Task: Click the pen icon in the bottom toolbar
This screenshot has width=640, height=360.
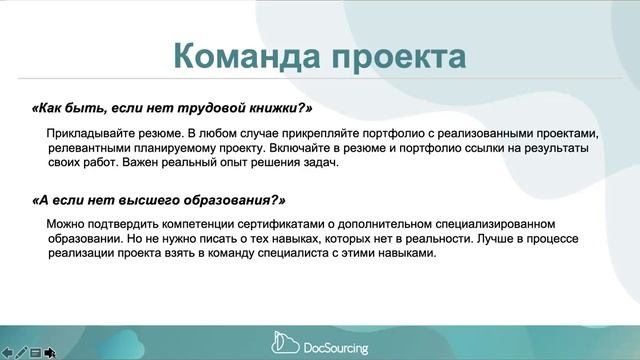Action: pyautogui.click(x=21, y=352)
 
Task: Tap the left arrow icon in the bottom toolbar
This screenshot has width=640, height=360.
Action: pyautogui.click(x=7, y=352)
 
